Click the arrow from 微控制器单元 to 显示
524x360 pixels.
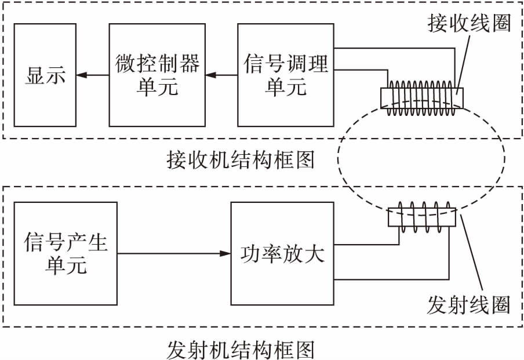(x=92, y=75)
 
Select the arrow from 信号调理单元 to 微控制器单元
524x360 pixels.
(x=222, y=75)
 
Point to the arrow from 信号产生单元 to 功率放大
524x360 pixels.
(x=173, y=253)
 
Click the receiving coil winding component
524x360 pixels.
(x=422, y=94)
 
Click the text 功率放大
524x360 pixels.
(x=282, y=254)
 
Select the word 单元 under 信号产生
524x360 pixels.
(x=65, y=266)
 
